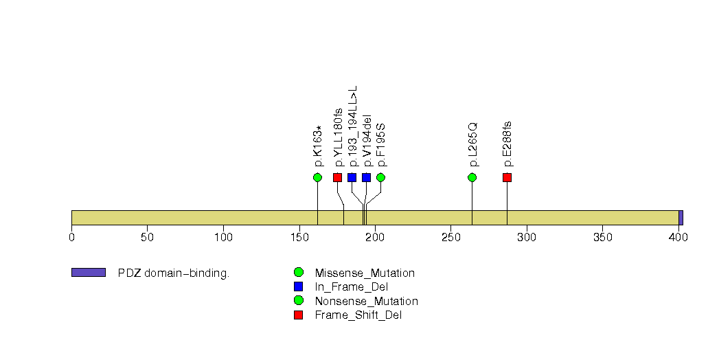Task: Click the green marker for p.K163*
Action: (x=317, y=177)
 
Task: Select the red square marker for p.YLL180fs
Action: (x=337, y=177)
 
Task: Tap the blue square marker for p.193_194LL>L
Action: (x=352, y=177)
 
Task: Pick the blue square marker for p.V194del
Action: (x=366, y=177)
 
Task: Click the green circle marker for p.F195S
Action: (x=380, y=177)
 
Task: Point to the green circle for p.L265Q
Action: (x=472, y=177)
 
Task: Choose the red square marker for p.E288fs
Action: (x=507, y=177)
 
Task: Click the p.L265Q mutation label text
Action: (x=472, y=145)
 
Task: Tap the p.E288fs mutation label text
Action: (x=507, y=144)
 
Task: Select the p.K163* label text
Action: (x=318, y=146)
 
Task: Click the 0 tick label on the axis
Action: (x=71, y=238)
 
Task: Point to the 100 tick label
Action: (x=223, y=238)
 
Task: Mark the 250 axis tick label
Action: (x=450, y=238)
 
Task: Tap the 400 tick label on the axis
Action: (x=678, y=238)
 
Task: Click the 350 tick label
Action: (x=602, y=238)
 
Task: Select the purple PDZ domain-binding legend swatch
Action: (x=88, y=273)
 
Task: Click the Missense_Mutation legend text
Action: (x=364, y=273)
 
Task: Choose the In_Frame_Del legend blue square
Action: (x=298, y=286)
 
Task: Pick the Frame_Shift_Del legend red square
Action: (x=298, y=315)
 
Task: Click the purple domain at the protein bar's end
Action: (x=681, y=217)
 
